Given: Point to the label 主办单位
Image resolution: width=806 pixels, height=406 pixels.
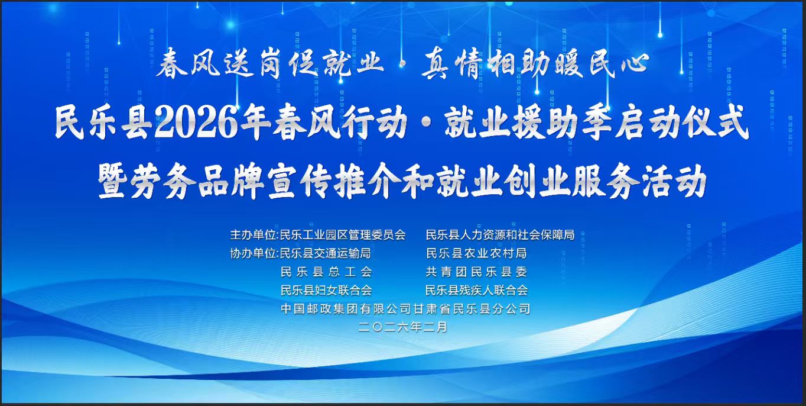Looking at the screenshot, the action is pyautogui.click(x=252, y=235).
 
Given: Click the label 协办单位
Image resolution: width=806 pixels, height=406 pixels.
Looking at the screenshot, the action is pyautogui.click(x=252, y=254).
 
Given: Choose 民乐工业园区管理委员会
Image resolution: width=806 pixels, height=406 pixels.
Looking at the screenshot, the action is pyautogui.click(x=343, y=235).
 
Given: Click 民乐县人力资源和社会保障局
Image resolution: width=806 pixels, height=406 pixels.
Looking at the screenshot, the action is pyautogui.click(x=500, y=235).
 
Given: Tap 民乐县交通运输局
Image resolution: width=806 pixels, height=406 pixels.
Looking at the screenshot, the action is pyautogui.click(x=325, y=254).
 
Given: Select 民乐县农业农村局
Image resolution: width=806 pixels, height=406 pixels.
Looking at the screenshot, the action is pyautogui.click(x=476, y=254).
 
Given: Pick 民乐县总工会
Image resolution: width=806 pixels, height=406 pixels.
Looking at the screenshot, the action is pyautogui.click(x=326, y=272).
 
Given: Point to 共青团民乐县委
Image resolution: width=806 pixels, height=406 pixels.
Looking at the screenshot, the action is pyautogui.click(x=476, y=272).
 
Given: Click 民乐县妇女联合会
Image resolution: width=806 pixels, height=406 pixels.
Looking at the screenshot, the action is pyautogui.click(x=326, y=291).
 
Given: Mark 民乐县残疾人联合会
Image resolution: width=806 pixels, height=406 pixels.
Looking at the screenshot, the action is pyautogui.click(x=477, y=291).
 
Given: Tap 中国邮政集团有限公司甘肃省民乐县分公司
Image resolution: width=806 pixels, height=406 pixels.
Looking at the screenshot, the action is pyautogui.click(x=405, y=309).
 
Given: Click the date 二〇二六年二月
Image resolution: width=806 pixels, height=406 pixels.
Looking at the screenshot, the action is pyautogui.click(x=403, y=327).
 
